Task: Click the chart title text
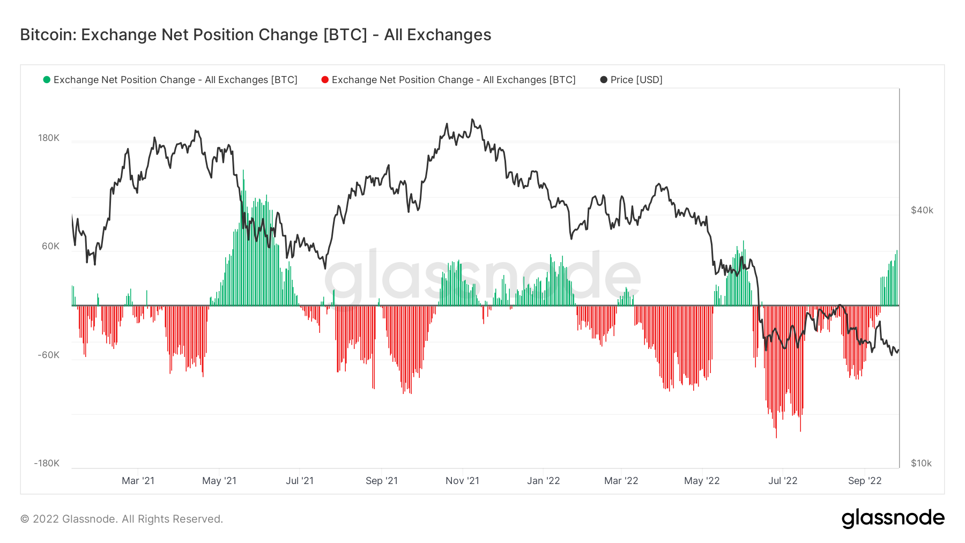256,35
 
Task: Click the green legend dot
47,80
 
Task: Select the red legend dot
325,80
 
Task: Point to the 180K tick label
49,138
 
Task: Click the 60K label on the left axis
51,247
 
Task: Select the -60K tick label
49,355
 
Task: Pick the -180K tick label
47,464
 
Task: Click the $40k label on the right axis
922,211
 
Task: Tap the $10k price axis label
922,464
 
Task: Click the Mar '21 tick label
138,481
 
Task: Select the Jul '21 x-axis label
300,481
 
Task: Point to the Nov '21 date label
462,481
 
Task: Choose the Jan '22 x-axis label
543,481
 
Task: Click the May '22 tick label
702,481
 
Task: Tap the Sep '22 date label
865,481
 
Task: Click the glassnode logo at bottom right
893,518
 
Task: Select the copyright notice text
122,519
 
